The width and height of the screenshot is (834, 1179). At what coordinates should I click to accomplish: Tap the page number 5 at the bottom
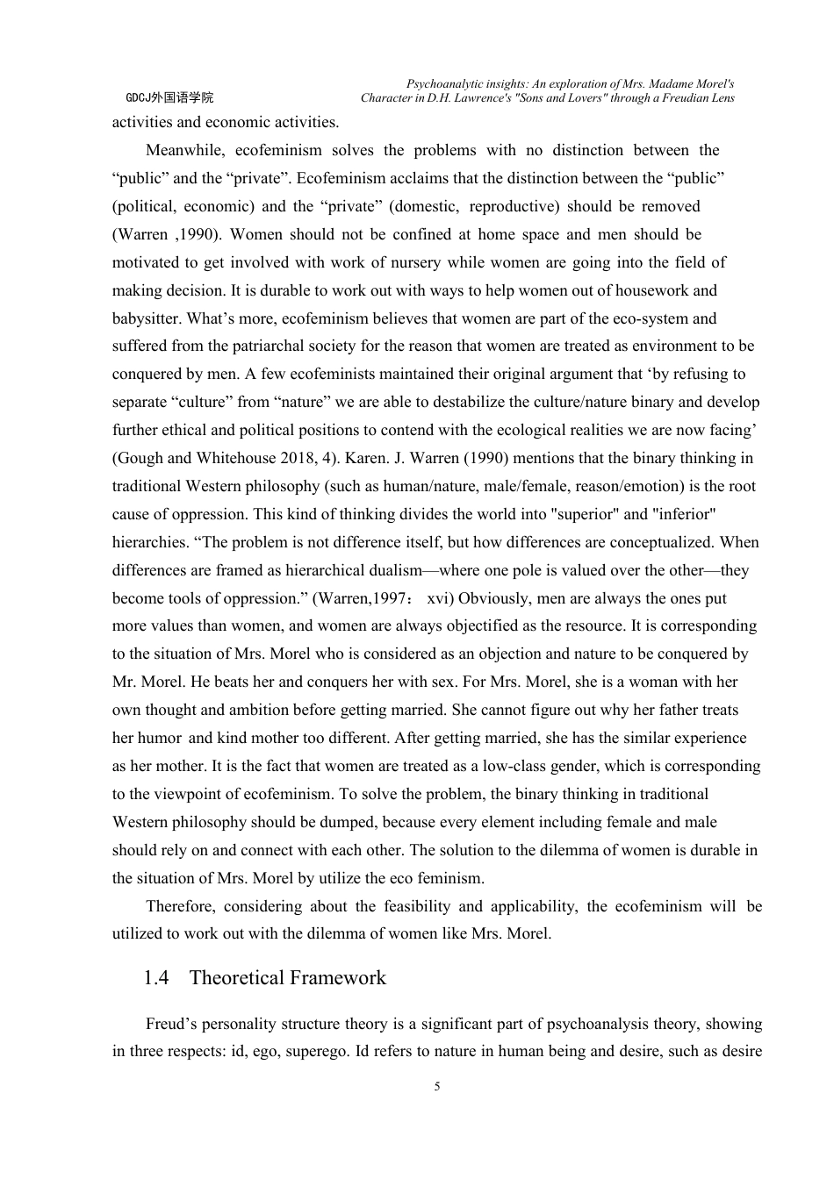click(x=437, y=1087)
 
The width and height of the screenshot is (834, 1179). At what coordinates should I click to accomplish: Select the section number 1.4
click(x=156, y=978)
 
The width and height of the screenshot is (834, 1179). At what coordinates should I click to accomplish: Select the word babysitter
click(x=146, y=318)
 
